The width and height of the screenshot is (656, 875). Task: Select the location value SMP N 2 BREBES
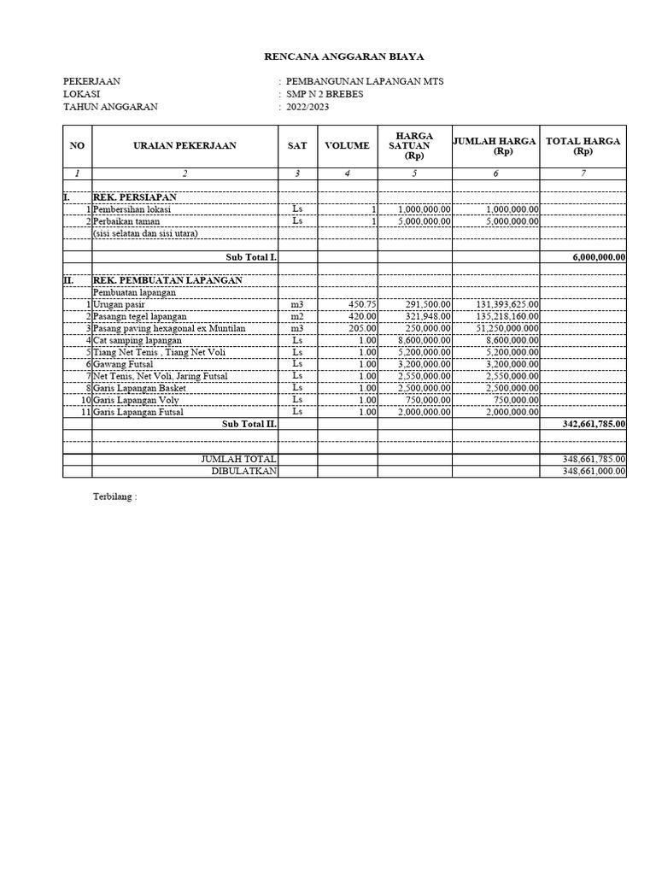coord(325,94)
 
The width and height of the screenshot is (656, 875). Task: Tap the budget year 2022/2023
coord(307,107)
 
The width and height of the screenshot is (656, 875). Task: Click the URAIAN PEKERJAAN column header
coord(184,146)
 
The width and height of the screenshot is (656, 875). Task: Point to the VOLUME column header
coord(347,146)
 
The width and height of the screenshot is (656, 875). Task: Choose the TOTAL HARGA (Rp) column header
coord(583,146)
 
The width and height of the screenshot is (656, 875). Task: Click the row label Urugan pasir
coord(120,304)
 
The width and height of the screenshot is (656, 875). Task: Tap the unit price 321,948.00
coord(425,316)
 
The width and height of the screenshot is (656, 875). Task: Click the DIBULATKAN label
coord(244,472)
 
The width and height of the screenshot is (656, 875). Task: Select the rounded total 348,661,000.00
coord(594,472)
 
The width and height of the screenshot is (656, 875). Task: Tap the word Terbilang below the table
coord(114,496)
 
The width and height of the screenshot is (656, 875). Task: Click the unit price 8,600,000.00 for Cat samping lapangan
coord(425,340)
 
